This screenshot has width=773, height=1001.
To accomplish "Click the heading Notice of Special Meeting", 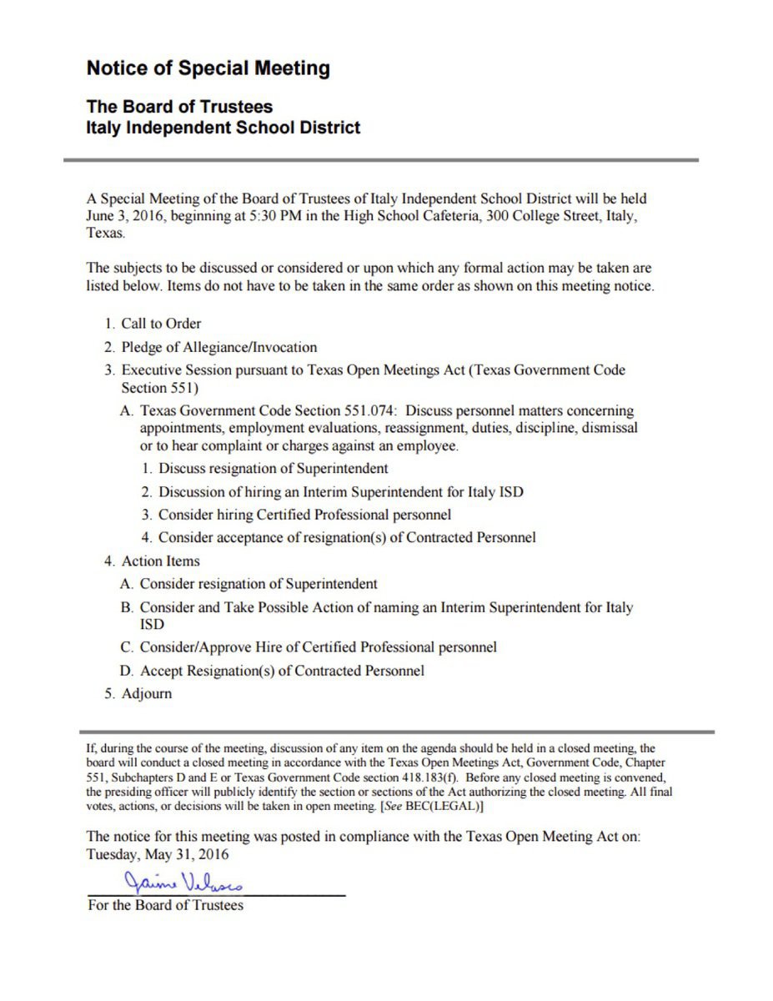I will (208, 68).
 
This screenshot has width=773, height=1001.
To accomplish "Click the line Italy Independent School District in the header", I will (223, 128).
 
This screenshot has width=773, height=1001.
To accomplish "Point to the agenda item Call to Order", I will (161, 324).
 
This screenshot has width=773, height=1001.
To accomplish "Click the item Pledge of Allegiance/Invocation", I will (219, 347).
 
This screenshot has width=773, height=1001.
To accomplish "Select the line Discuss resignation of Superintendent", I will (274, 468).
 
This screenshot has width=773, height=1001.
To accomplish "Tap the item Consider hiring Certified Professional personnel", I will (304, 515).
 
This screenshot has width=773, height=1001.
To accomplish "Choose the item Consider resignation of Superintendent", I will (259, 585).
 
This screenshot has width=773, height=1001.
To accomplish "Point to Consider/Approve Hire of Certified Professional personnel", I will (319, 647).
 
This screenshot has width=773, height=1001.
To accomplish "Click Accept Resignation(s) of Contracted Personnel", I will (282, 671).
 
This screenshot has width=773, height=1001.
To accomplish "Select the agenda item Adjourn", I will (147, 694).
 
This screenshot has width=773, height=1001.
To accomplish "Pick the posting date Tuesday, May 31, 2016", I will (158, 855).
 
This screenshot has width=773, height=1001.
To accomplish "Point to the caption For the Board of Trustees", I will (165, 905).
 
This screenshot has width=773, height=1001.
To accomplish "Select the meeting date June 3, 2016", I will (125, 215).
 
